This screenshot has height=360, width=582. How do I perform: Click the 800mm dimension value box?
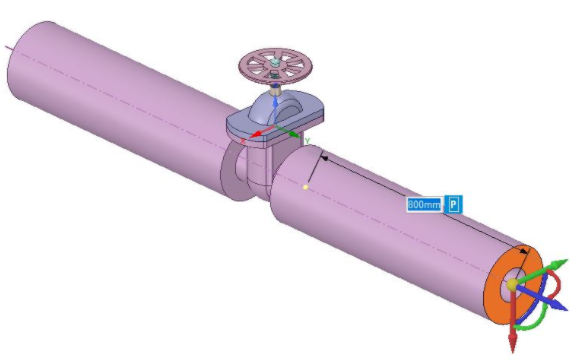coord(424,204)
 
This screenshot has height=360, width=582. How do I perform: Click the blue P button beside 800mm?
coord(453,204)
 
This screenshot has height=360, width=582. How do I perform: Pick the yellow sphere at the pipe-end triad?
coord(512,285)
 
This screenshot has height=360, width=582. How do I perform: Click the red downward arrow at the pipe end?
coord(512,340)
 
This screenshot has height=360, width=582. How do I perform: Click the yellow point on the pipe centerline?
coord(305,185)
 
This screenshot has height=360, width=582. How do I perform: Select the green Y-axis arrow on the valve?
coord(292,131)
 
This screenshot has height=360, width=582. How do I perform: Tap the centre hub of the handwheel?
coord(273,64)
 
